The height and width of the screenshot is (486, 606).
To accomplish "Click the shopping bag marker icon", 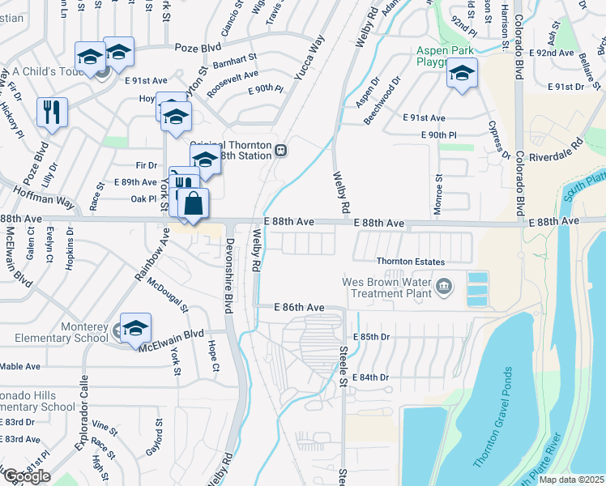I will coord(194,204).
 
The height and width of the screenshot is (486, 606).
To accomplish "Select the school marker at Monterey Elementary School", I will coord(136,328).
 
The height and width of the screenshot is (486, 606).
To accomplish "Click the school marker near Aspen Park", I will coord(462,75).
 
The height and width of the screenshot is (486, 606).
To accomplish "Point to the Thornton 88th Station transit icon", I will coord(280,150).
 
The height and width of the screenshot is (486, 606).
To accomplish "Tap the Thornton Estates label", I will coord(410,262).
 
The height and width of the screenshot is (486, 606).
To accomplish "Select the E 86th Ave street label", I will coord(299,308).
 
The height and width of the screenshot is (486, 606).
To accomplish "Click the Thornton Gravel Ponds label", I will coord(493,417).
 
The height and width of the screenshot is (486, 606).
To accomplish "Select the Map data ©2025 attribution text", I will coord(572,480).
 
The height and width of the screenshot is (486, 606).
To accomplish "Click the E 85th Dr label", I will coord(371,337).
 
